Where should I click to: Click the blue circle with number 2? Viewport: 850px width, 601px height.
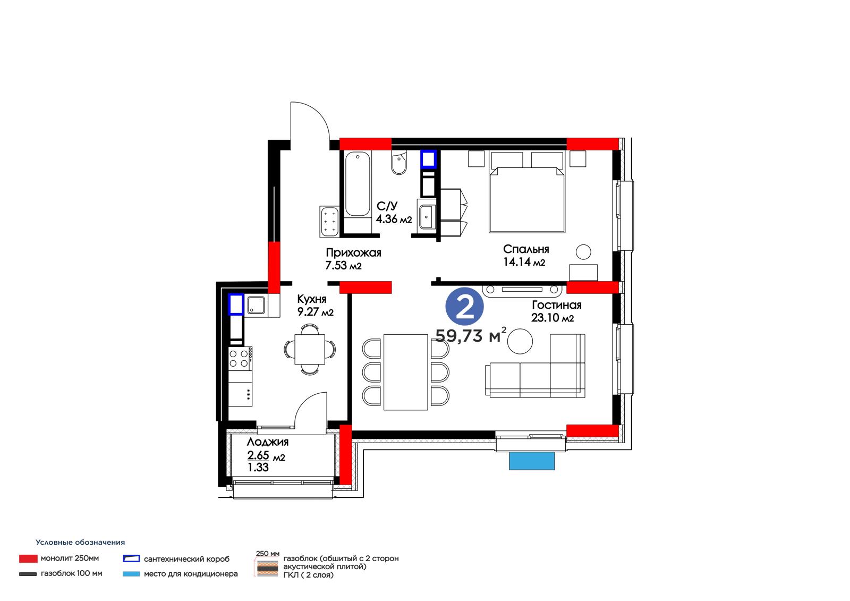(x=464, y=307)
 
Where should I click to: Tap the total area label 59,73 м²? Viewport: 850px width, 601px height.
(x=471, y=335)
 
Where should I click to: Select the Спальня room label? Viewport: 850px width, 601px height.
(x=526, y=249)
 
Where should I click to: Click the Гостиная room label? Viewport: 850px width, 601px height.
(x=556, y=305)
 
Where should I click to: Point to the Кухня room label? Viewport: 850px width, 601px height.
(x=311, y=299)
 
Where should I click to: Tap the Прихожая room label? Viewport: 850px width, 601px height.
(x=353, y=253)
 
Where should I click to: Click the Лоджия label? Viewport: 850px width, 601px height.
(x=268, y=442)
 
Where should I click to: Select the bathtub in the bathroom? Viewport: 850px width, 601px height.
(x=358, y=184)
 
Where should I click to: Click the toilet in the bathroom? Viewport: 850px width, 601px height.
(x=399, y=163)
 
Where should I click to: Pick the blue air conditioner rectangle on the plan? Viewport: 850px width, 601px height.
(x=532, y=461)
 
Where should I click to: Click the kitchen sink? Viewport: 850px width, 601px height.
(x=256, y=306)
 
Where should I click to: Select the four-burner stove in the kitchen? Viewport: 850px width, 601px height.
(x=240, y=358)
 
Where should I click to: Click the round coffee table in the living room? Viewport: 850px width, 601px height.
(x=520, y=341)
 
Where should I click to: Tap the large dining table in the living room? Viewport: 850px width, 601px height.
(x=406, y=372)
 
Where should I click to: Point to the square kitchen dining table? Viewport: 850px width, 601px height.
(x=310, y=349)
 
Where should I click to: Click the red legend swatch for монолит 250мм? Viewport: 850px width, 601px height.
(x=28, y=558)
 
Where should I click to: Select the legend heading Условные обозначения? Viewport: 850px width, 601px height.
(x=80, y=543)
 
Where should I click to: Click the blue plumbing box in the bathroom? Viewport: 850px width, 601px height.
(x=428, y=159)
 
